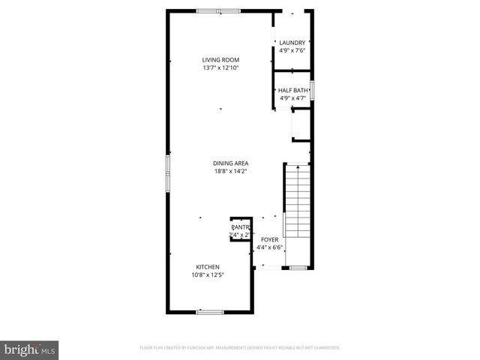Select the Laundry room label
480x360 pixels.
(292, 43)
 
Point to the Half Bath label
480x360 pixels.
(292, 90)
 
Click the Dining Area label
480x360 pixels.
(231, 163)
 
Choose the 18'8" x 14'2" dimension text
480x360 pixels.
(231, 172)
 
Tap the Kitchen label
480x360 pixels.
(208, 267)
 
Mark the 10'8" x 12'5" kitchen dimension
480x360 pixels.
(208, 275)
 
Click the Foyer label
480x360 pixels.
(269, 239)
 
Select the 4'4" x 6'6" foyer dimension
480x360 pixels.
(269, 247)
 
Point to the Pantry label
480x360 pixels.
(240, 226)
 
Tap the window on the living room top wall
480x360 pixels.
(218, 10)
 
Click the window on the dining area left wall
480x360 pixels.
(167, 173)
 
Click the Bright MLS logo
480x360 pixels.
(30, 349)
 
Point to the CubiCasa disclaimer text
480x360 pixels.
(240, 348)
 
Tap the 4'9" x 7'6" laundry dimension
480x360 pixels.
(292, 51)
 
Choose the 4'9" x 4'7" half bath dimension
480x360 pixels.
(292, 98)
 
